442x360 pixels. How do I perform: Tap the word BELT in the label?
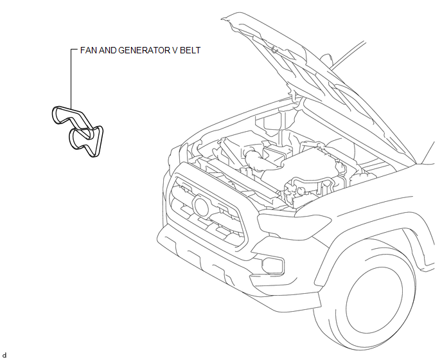click(x=190, y=50)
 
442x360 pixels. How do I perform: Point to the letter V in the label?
click(x=175, y=50)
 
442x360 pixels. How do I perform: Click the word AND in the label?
click(x=108, y=50)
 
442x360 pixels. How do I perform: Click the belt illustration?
click(x=78, y=131)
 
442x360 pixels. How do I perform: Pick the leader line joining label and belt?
click(x=71, y=79)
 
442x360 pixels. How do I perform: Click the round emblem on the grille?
click(x=201, y=206)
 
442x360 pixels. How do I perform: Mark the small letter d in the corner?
click(x=4, y=355)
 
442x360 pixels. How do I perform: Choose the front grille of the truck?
click(x=207, y=212)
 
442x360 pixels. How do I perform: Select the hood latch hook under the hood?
click(x=274, y=50)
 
